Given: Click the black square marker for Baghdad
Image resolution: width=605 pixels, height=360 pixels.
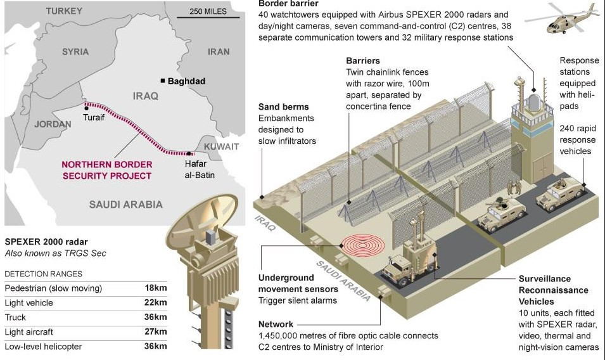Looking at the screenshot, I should point(163,80).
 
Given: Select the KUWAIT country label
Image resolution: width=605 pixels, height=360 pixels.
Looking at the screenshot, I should point(222,146).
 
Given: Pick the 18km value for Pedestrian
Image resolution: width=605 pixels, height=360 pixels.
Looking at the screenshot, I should point(155,288).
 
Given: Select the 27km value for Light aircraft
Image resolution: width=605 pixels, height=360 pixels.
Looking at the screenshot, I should point(155,331).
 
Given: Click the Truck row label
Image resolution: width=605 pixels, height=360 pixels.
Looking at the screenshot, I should point(15,317).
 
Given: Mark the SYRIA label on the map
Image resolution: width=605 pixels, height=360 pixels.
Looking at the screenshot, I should point(75,52).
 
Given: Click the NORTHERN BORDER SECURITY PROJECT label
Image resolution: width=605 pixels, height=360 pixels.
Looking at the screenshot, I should point(106,170).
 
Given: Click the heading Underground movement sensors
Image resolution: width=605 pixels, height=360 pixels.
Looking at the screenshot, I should point(286,283).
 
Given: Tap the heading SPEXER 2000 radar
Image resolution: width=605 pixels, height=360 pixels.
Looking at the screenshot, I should point(46,241).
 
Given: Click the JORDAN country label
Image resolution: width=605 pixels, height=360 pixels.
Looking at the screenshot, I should point(53,124).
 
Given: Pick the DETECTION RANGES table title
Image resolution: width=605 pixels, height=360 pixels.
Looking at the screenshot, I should point(43,274).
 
